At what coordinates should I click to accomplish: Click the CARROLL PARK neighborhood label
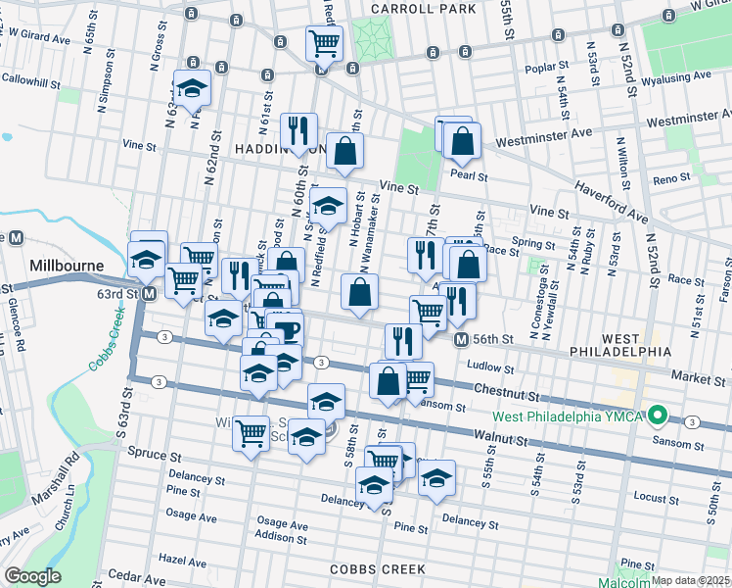tap(424, 9)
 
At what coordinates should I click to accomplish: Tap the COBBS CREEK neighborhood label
tap(377, 568)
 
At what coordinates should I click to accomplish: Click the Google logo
tap(31, 576)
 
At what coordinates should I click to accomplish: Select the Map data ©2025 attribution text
tap(690, 580)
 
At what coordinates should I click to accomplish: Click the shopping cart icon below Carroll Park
tap(324, 43)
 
